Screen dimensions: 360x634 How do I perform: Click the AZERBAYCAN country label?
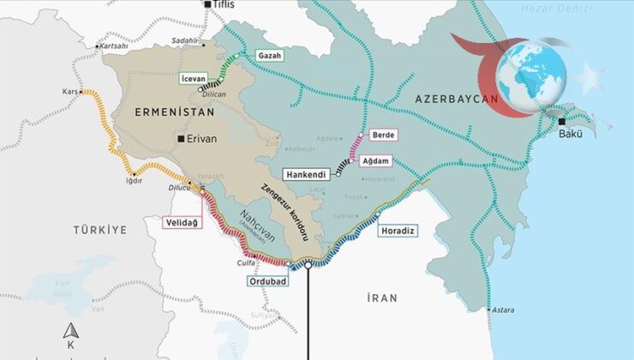coord(456,100)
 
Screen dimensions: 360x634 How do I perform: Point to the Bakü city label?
coord(571,135)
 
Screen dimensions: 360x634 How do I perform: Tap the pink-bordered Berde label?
coord(382,135)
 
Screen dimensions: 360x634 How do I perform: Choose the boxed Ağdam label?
coord(379,160)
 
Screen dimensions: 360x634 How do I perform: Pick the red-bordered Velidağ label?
coord(182,223)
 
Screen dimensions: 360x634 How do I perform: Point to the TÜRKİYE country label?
coord(100,230)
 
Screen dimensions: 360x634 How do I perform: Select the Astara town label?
coord(501,309)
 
